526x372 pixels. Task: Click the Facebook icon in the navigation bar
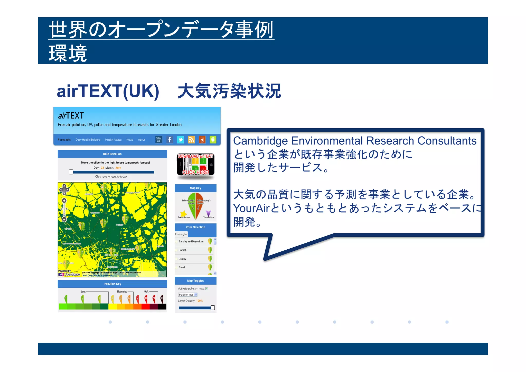170,140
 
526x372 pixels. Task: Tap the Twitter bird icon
181,140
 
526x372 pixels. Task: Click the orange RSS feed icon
191,140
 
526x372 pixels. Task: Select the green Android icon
213,140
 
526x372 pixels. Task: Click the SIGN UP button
159,140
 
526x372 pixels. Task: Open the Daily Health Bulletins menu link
88,140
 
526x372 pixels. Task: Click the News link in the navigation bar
130,140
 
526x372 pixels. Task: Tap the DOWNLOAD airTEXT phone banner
195,165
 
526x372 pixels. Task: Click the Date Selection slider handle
71,172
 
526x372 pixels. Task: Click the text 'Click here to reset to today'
111,177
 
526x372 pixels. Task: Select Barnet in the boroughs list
182,250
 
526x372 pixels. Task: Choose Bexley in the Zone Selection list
182,259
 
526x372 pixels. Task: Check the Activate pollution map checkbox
207,289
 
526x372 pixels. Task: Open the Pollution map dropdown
188,295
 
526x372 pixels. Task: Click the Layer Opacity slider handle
213,308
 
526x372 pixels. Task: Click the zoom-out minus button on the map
64,219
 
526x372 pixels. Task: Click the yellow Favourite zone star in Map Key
183,213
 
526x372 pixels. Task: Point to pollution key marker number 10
162,298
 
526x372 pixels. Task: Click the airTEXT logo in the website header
71,116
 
